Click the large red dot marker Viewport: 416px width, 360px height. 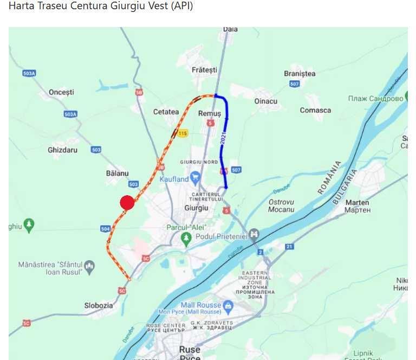click(127, 202)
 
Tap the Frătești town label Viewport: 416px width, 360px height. click(204, 70)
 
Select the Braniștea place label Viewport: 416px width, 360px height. click(300, 74)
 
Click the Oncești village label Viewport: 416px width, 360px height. click(61, 92)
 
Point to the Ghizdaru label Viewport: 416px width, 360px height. click(63, 150)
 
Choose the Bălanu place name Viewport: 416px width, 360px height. click(118, 173)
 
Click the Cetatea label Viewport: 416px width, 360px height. click(166, 112)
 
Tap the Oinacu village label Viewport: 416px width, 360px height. click(265, 101)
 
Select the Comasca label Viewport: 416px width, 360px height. click(315, 110)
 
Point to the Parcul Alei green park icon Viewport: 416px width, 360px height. click(186, 237)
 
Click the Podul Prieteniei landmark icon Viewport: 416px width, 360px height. click(253, 235)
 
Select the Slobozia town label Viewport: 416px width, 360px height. click(99, 305)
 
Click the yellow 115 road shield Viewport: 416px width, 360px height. click(183, 133)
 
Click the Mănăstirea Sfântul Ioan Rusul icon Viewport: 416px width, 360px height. click(89, 266)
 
